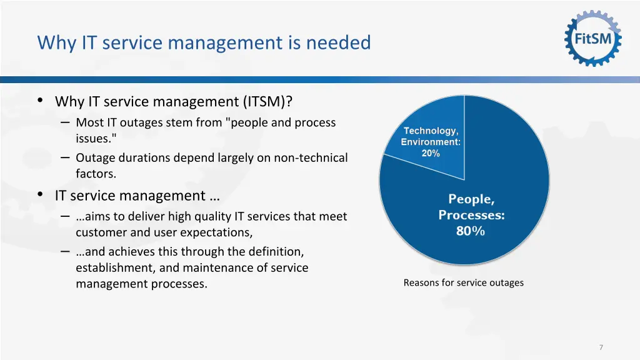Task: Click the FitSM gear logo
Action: [593, 39]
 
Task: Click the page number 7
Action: [601, 347]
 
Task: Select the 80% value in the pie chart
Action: [471, 231]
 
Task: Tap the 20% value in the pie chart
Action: [431, 153]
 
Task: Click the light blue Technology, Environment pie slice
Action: [437, 119]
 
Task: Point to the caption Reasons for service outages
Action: [463, 282]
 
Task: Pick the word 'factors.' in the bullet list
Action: [96, 174]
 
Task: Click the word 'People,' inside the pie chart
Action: [471, 199]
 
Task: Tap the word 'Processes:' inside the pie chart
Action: [471, 215]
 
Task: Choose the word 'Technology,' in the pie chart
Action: [431, 131]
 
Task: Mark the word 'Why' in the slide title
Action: [51, 42]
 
